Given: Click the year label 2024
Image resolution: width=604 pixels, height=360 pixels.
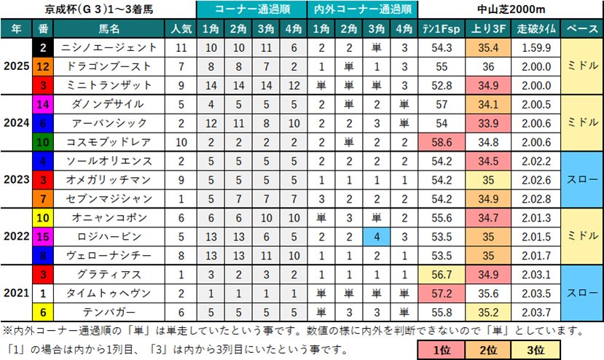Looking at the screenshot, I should [x=16, y=123].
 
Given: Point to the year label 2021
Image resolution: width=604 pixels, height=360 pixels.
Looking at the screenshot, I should [x=16, y=293].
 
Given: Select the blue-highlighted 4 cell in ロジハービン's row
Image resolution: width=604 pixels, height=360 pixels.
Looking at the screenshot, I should [x=376, y=236].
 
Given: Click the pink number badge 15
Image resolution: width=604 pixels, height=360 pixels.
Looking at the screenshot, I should [x=43, y=236].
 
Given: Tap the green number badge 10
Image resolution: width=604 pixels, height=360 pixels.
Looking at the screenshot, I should [x=43, y=142].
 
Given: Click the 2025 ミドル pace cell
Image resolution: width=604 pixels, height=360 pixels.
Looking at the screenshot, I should [x=582, y=66].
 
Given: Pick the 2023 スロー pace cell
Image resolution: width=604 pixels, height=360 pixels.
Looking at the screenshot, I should [x=582, y=179].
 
